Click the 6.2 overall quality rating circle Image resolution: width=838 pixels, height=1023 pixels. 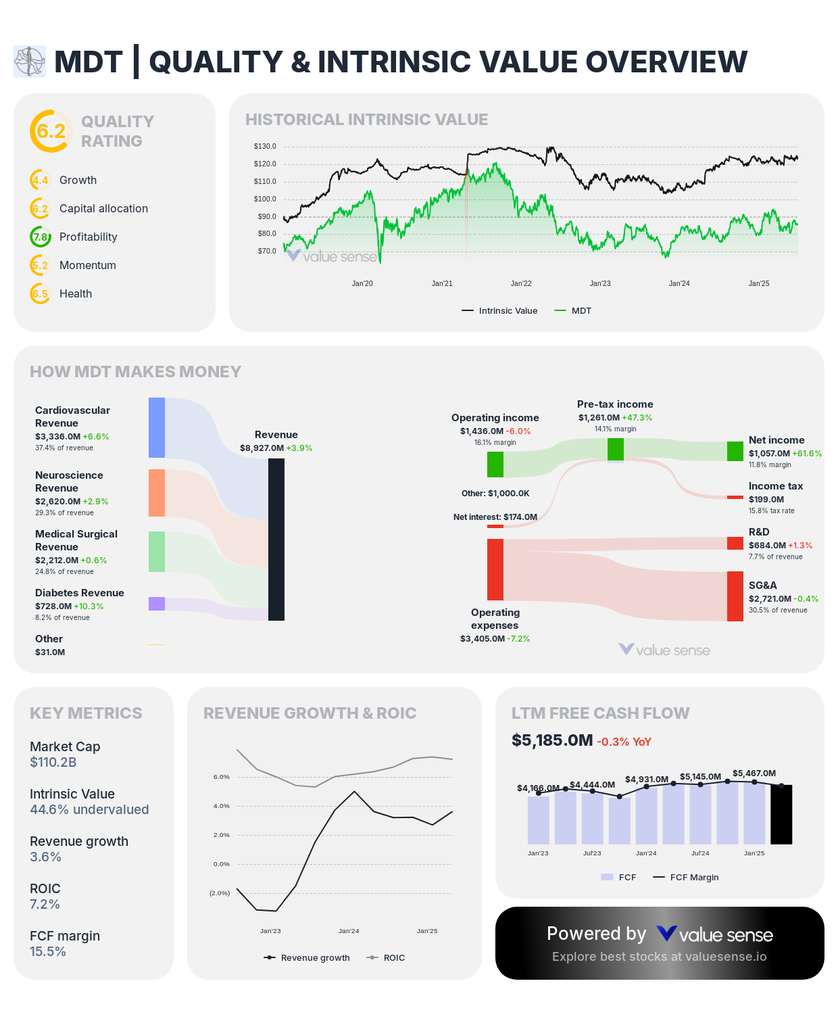(51, 131)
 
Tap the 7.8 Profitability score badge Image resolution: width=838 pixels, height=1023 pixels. (41, 237)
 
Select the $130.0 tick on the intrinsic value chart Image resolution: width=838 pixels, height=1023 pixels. (265, 147)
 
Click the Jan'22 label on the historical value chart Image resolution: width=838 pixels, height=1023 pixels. (521, 283)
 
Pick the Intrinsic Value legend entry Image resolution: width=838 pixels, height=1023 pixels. (500, 311)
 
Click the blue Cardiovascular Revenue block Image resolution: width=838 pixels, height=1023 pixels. (157, 427)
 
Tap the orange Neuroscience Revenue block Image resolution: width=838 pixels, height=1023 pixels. (157, 493)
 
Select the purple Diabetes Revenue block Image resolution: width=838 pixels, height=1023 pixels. (157, 604)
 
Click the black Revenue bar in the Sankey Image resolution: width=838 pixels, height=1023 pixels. (276, 539)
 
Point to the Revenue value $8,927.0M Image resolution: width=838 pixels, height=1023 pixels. (262, 448)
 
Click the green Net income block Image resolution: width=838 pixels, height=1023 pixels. (735, 451)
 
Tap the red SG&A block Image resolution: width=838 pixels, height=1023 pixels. (735, 596)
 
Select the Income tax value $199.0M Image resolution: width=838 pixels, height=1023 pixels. (766, 500)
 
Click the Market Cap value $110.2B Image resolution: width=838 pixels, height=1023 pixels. (53, 763)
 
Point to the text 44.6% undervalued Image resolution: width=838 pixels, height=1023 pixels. (89, 810)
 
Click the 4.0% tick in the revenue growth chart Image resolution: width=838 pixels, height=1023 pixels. (222, 806)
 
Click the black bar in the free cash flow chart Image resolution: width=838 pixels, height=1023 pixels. (781, 814)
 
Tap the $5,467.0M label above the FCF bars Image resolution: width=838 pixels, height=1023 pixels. (754, 774)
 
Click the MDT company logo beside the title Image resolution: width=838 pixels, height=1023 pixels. (30, 62)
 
